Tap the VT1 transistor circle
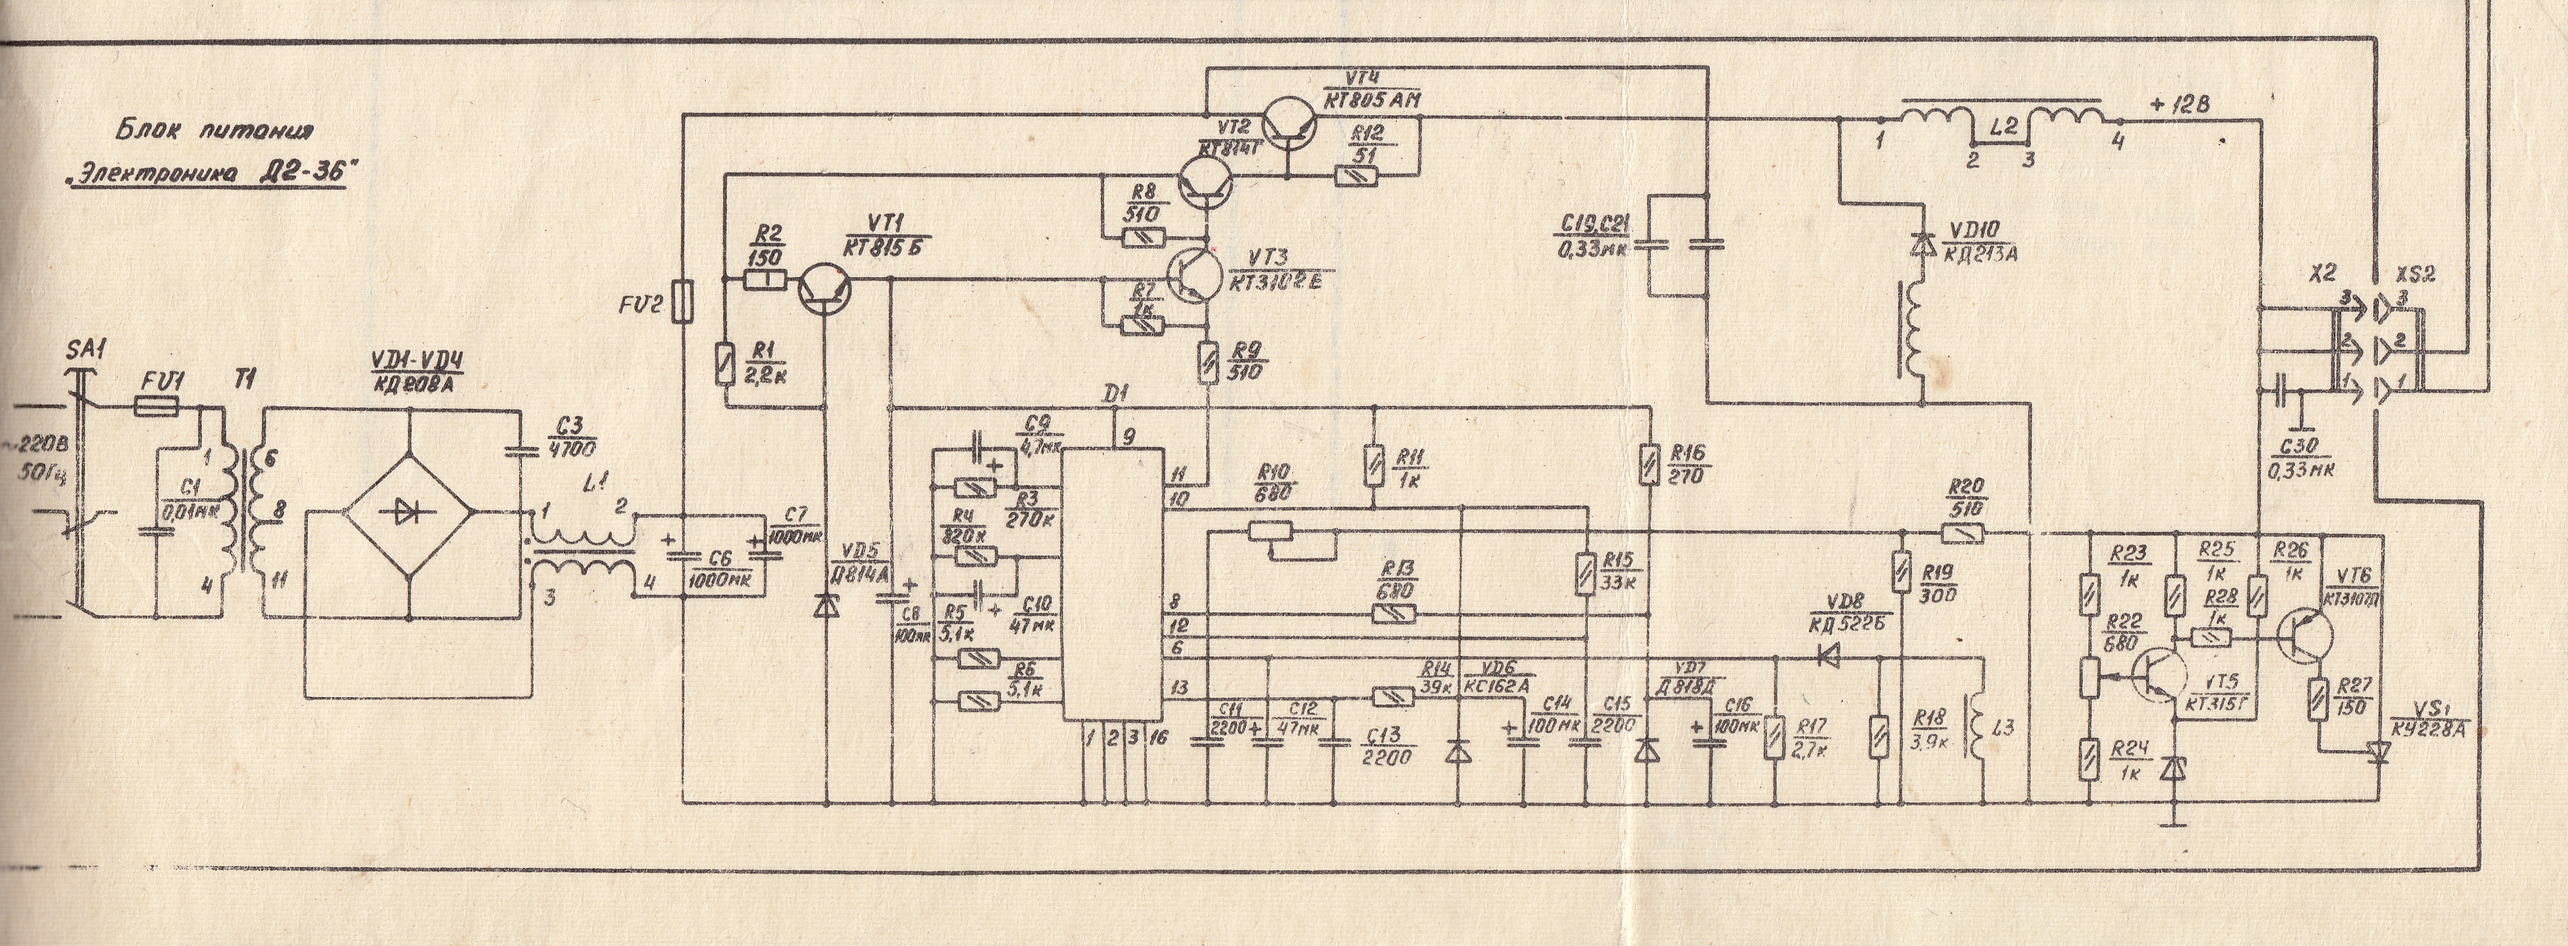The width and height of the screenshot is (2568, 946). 826,287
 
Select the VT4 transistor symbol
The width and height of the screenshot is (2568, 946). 1289,124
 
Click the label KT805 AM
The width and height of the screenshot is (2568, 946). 1372,100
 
